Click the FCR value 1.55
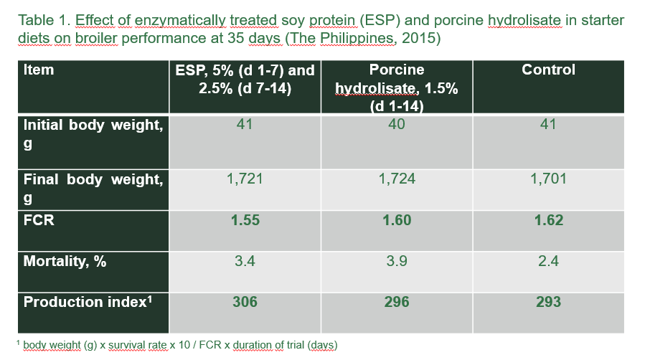245,220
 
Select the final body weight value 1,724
397,179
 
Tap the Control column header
548,70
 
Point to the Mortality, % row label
65,261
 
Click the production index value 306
245,302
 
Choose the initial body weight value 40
397,124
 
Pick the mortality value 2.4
548,261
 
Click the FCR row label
39,220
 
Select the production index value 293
548,302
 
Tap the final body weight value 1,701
548,179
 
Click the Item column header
39,70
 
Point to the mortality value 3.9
397,261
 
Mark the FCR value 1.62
548,220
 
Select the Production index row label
88,302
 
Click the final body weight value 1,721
245,179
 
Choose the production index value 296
397,302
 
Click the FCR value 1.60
397,220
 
